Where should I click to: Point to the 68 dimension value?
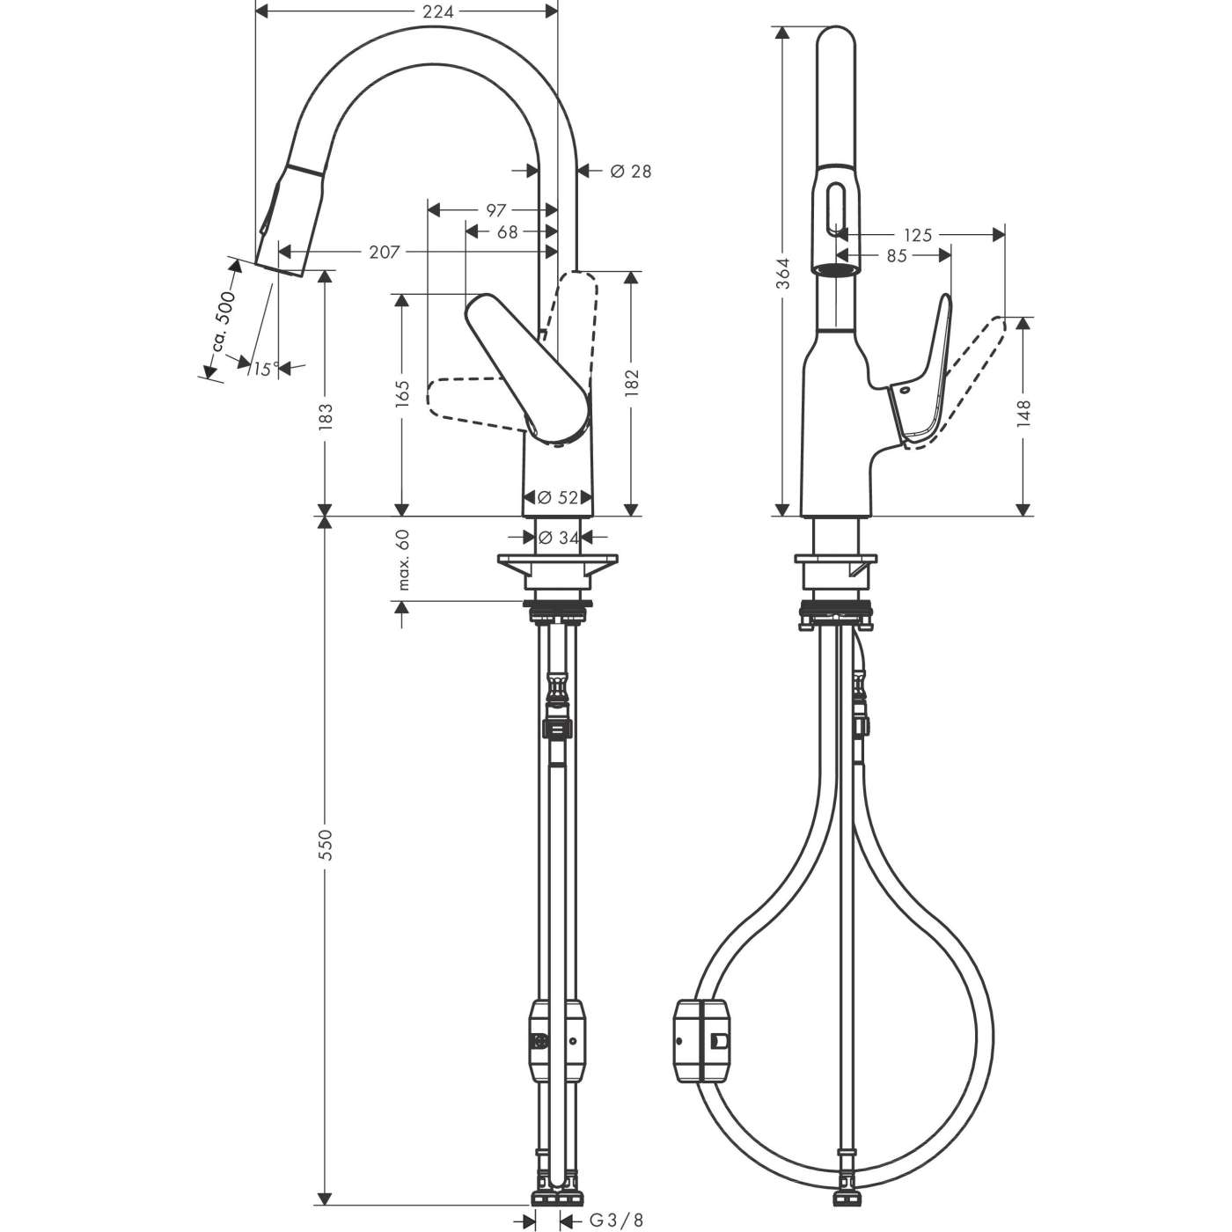(508, 232)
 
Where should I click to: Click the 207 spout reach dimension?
(384, 253)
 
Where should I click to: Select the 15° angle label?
(261, 370)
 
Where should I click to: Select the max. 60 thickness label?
(404, 560)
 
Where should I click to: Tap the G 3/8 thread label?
(615, 1220)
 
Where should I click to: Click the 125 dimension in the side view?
(917, 235)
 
